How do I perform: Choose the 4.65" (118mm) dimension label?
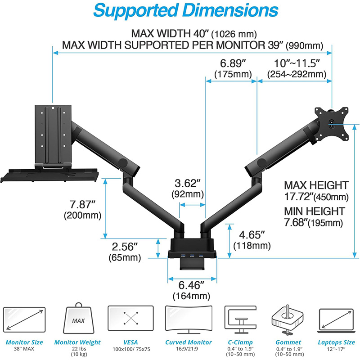[252, 240]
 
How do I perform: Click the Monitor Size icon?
[24, 319]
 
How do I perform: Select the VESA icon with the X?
[130, 319]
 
